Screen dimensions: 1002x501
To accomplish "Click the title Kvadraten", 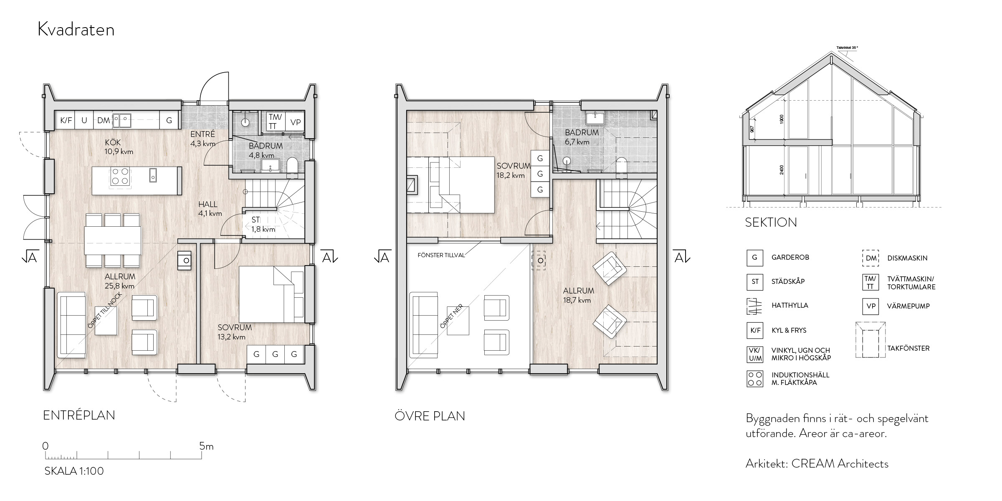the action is coord(76,30).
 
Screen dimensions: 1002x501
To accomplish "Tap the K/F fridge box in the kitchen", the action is coord(66,121).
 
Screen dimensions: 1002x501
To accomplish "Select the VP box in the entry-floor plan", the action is coord(296,122).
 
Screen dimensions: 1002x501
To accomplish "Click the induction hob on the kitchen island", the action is coord(120,176).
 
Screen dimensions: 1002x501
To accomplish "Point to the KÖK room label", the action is coord(113,143).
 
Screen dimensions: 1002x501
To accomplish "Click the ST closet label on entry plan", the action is coord(256,220).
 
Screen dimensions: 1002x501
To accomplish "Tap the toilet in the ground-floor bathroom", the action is coord(292,165).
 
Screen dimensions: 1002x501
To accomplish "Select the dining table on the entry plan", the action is coord(113,240).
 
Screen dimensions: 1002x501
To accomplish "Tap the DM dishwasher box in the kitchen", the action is coord(104,121).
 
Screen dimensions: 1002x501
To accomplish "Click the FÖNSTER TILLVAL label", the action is coord(441,255).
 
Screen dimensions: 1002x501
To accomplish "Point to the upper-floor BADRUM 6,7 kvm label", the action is coord(582,137).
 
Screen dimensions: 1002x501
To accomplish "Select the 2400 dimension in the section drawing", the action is coord(782,170).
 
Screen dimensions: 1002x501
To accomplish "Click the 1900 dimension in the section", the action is coord(782,119).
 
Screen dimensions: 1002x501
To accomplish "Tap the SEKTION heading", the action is coord(771,223).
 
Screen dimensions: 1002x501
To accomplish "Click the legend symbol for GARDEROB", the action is coord(755,258).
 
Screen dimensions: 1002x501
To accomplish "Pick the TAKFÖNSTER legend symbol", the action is coord(870,340).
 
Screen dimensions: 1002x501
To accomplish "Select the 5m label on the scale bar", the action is coord(207,446).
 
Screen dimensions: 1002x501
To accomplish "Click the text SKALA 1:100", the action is coord(74,471).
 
